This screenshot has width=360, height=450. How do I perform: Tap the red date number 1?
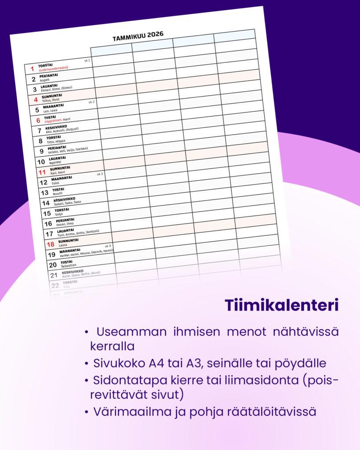(32, 69)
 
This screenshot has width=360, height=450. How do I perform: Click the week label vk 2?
(91, 102)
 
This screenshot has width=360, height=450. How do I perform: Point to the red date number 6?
(38, 120)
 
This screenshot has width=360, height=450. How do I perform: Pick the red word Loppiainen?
(53, 120)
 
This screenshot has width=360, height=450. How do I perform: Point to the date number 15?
(47, 214)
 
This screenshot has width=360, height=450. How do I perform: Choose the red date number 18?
(50, 244)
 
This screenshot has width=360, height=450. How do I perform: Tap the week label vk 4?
(108, 246)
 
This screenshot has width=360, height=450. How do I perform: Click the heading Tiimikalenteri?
(282, 306)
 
